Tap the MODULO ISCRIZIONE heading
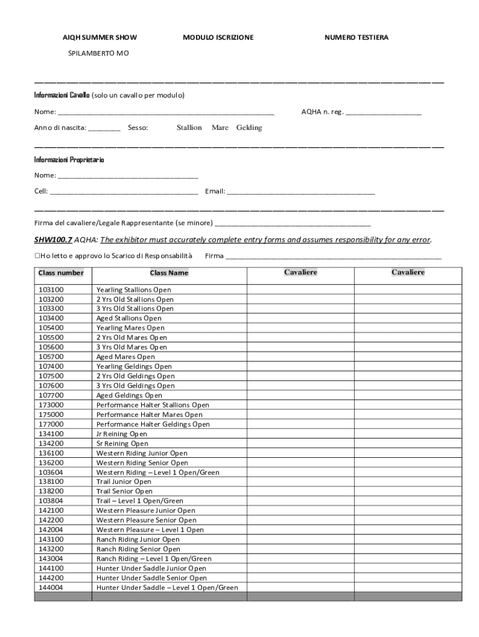(x=218, y=38)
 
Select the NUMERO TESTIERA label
(x=356, y=38)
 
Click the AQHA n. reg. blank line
(x=383, y=113)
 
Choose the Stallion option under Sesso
(x=189, y=128)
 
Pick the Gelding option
(x=249, y=128)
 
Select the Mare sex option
(x=220, y=128)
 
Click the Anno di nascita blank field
(x=104, y=129)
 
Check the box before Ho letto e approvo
(x=37, y=256)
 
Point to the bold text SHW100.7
(x=53, y=239)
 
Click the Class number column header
(x=61, y=273)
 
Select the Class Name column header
(x=169, y=273)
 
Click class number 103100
(x=51, y=290)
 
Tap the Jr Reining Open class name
(x=121, y=434)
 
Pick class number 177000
(x=51, y=424)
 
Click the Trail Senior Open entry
(x=124, y=491)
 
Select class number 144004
(x=51, y=588)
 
